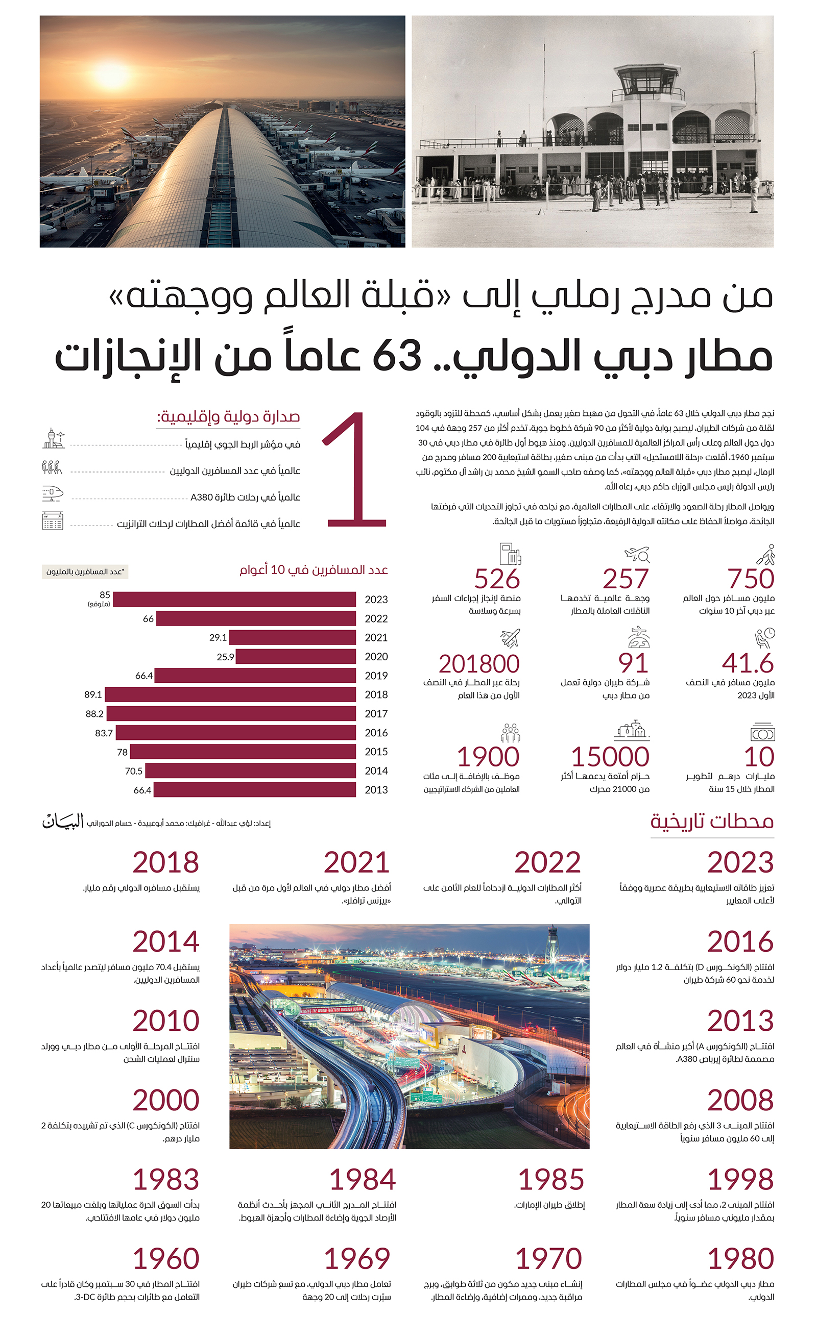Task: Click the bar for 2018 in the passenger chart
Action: [230, 694]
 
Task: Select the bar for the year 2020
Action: [296, 656]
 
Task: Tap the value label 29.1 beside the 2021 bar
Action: [218, 637]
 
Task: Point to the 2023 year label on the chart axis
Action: [376, 600]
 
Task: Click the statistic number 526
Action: [496, 579]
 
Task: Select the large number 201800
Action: [479, 664]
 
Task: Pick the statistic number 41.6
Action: [747, 663]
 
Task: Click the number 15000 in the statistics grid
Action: [610, 757]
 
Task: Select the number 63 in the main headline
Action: [397, 355]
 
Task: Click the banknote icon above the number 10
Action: [762, 732]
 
